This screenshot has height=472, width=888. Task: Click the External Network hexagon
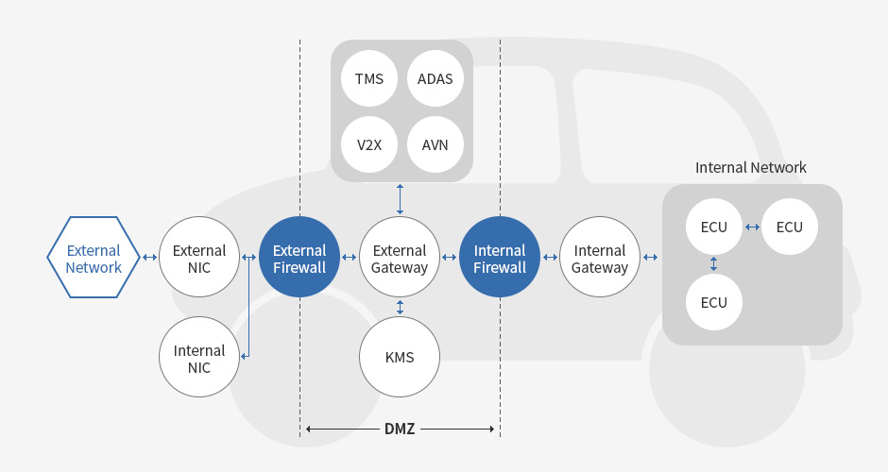[x=94, y=258]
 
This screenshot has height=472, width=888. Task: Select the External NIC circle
[x=199, y=258]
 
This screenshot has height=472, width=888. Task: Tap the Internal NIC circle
[x=199, y=358]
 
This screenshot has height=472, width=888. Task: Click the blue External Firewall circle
[x=299, y=258]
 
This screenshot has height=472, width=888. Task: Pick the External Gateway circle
[x=400, y=258]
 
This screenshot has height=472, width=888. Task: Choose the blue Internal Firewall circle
[x=500, y=258]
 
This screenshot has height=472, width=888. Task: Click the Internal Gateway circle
[x=600, y=258]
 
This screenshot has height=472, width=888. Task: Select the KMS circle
[x=400, y=358]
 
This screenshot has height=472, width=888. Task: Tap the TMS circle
[x=369, y=78]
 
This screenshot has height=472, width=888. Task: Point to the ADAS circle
[x=435, y=78]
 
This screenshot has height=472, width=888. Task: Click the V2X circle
[x=369, y=144]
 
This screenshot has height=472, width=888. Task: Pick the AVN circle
[x=435, y=144]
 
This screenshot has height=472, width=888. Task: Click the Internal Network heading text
[x=751, y=167]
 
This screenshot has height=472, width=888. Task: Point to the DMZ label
[x=400, y=429]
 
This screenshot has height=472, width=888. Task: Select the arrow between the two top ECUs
[x=752, y=227]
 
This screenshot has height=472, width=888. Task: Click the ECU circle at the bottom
[x=714, y=302]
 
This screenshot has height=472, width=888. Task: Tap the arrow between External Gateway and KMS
[x=400, y=307]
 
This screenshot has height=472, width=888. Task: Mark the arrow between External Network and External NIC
[x=149, y=257]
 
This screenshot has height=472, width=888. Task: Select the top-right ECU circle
[x=790, y=227]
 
